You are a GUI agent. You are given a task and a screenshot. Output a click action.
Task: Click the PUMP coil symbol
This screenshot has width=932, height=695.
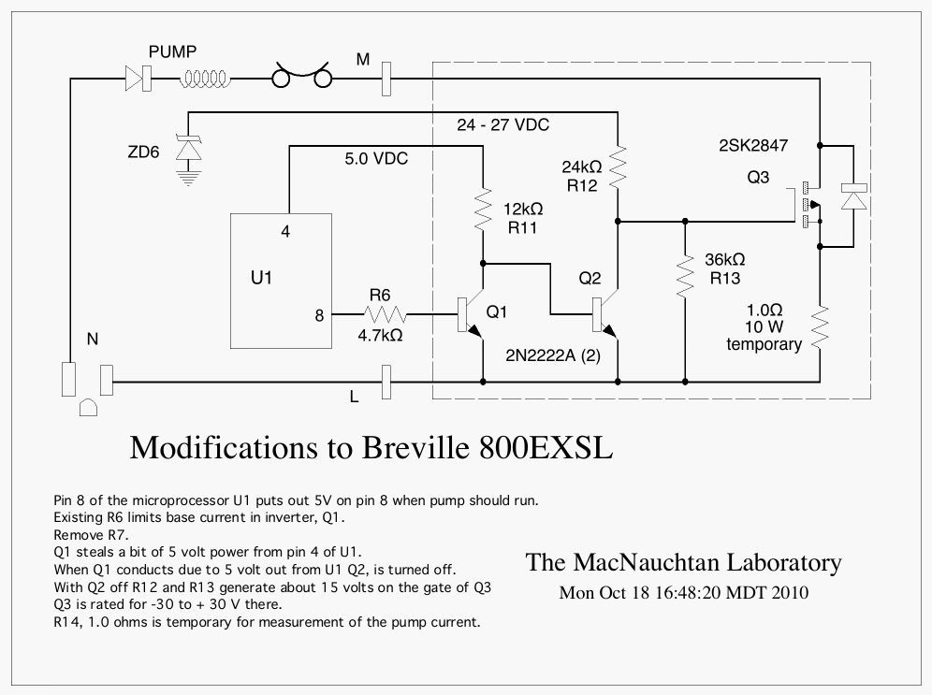[x=205, y=80]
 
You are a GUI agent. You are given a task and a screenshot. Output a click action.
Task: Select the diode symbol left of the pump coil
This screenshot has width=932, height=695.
[x=138, y=80]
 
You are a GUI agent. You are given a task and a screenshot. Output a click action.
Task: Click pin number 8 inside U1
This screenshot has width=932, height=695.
[x=319, y=315]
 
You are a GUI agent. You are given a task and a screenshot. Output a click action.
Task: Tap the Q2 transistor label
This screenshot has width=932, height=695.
[x=590, y=279]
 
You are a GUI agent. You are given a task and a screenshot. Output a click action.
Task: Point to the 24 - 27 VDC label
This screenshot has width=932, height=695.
[x=502, y=124]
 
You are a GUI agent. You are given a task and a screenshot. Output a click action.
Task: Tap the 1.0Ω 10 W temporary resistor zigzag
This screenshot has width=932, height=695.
[x=820, y=326]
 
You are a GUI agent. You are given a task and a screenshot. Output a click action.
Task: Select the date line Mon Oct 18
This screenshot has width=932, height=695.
[x=684, y=592]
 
